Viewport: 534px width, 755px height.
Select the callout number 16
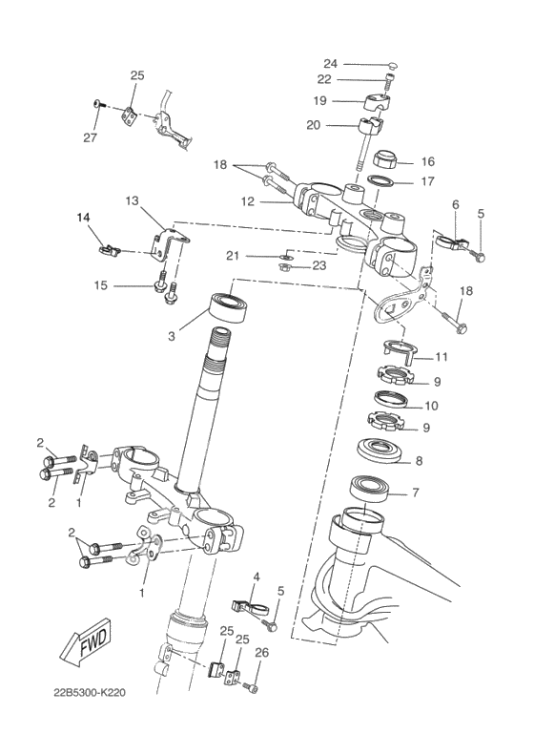coord(427,161)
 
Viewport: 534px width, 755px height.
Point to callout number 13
coord(132,200)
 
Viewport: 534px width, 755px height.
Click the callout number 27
coord(90,137)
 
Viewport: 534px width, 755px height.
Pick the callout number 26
coord(261,653)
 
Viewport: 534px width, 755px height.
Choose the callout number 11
coord(442,357)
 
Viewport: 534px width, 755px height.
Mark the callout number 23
coord(319,266)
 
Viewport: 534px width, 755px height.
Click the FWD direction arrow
coord(85,644)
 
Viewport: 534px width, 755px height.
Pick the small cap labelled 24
coord(392,65)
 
